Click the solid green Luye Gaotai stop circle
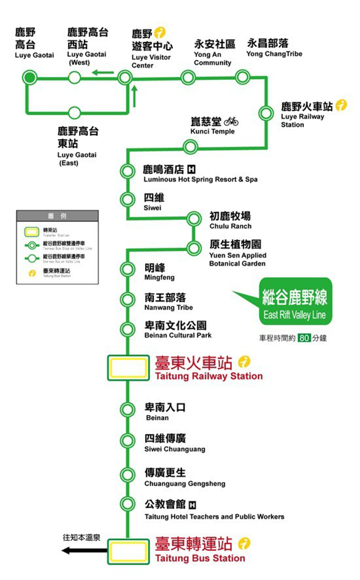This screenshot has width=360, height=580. (30, 78)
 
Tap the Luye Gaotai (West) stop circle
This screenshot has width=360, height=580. (75, 78)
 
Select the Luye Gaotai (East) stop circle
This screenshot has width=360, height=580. (75, 112)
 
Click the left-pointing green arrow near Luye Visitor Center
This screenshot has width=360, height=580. (103, 72)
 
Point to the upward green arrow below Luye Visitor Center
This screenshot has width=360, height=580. (134, 95)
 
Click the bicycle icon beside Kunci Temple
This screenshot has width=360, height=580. (231, 121)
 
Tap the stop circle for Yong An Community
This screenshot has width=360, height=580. (187, 78)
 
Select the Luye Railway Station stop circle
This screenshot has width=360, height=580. (266, 112)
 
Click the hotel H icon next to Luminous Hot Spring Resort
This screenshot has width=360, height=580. (191, 170)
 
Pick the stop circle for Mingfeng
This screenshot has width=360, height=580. (127, 269)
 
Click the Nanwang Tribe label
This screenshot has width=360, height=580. (168, 302)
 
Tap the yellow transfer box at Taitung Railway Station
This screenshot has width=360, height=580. (128, 367)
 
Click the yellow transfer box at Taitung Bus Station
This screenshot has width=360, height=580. (128, 551)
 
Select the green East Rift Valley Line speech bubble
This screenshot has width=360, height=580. (295, 302)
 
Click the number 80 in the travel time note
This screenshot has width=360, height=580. (304, 338)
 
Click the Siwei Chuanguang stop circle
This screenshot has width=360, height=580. (127, 441)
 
